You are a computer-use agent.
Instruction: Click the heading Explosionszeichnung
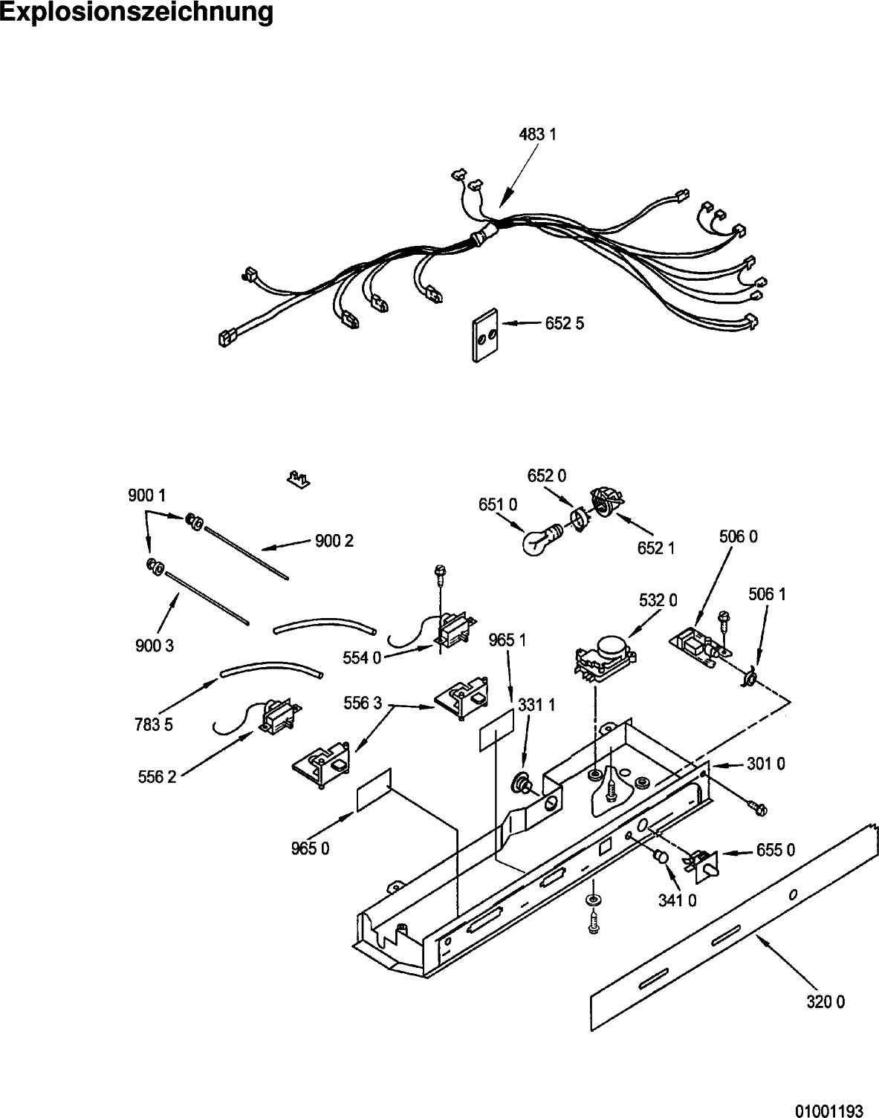tap(137, 13)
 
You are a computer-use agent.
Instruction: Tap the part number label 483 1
tap(538, 134)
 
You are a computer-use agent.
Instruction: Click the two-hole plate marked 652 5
tap(485, 336)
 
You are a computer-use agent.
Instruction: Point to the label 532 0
tap(658, 600)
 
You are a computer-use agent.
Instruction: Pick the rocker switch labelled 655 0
tap(702, 864)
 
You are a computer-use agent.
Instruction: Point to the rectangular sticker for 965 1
tap(496, 730)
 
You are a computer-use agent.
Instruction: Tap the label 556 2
tap(157, 776)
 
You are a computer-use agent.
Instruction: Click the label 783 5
tap(154, 725)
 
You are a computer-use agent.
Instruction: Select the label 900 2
tap(334, 541)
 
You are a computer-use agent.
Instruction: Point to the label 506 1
tap(767, 594)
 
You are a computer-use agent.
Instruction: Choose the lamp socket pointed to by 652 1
tap(606, 500)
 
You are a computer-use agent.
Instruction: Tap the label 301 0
tap(766, 764)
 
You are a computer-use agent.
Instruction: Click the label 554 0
tap(362, 658)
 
